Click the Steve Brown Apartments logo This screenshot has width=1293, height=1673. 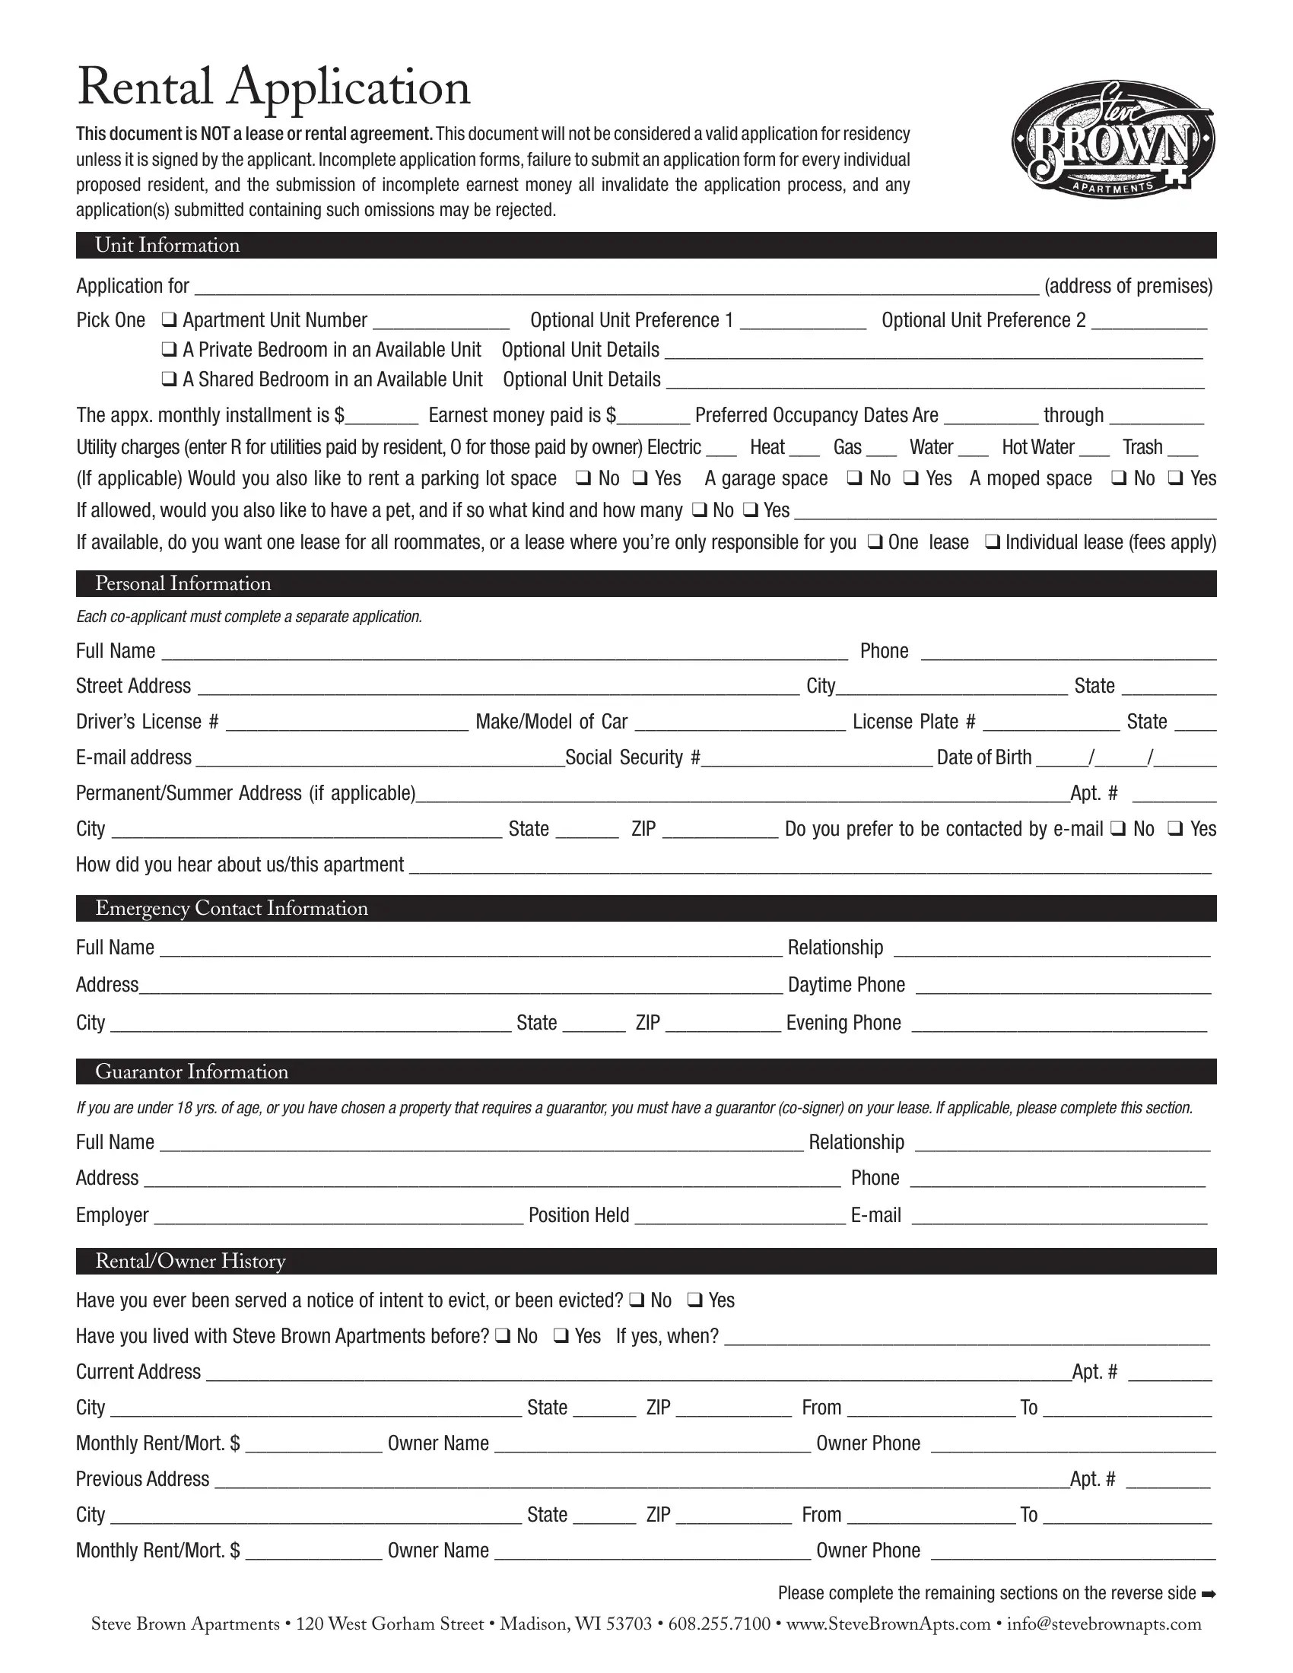1113,140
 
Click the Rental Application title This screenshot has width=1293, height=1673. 274,88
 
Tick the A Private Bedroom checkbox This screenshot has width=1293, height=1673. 170,349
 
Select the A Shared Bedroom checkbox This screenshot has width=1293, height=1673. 170,379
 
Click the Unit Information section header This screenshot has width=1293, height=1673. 167,245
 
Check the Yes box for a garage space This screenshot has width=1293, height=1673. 910,478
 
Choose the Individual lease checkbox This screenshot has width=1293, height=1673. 992,542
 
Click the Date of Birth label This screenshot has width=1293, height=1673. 983,757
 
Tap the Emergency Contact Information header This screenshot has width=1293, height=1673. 231,909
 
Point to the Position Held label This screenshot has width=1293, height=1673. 578,1216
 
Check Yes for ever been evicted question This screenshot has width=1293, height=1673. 694,1300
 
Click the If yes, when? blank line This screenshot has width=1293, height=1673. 967,1338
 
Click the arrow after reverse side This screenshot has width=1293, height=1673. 1209,1594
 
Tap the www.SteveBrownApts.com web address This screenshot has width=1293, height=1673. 888,1625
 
